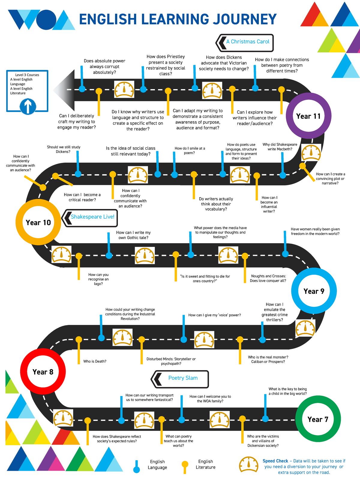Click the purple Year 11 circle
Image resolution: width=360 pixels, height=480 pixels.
tap(308, 116)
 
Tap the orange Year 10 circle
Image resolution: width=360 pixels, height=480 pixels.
tap(38, 222)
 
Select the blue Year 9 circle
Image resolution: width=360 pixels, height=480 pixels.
tap(314, 291)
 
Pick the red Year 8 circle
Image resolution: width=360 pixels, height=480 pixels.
tap(43, 372)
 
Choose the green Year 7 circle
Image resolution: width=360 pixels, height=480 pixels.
tap(318, 419)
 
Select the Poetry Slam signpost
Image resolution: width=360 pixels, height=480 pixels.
tap(180, 379)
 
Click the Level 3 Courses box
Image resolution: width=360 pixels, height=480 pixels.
tap(27, 91)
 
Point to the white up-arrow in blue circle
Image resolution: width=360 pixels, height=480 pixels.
tap(28, 106)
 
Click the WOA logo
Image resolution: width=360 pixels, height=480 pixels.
tap(40, 19)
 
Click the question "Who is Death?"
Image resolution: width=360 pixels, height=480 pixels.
tap(95, 361)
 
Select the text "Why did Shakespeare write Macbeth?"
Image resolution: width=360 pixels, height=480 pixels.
tap(280, 147)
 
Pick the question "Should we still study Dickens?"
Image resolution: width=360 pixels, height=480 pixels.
tap(64, 149)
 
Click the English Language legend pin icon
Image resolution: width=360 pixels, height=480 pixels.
tap(136, 467)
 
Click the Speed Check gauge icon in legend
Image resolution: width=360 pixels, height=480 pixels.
tap(249, 465)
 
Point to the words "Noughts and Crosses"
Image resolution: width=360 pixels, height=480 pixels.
tap(268, 276)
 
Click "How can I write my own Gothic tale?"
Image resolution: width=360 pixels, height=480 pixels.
tap(133, 235)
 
